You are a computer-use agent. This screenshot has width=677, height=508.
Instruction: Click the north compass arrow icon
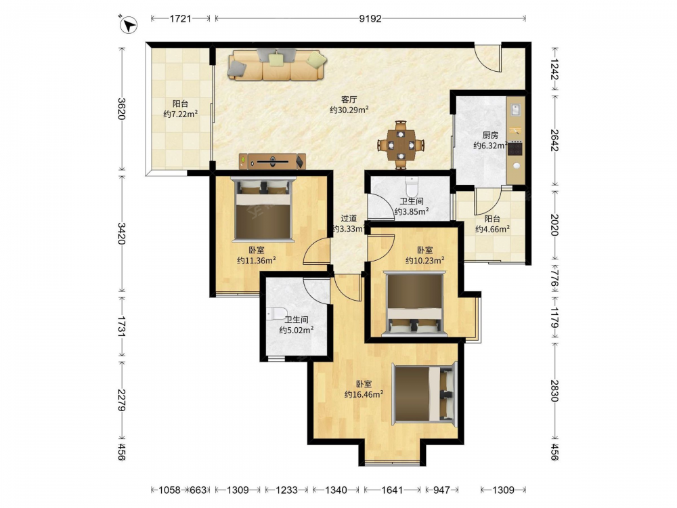128,24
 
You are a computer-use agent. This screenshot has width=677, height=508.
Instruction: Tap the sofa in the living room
277,65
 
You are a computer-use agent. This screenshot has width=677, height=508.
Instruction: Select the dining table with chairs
401,145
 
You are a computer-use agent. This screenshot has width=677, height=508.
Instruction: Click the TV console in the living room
272,162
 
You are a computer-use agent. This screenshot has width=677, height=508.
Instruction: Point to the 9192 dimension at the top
370,18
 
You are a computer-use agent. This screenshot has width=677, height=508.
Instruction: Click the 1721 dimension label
181,18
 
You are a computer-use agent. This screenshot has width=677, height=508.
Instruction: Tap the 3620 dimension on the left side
122,109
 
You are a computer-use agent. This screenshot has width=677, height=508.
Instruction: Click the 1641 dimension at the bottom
392,490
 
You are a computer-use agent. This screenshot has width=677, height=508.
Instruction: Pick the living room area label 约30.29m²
349,110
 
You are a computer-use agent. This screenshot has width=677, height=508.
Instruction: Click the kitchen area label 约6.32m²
490,146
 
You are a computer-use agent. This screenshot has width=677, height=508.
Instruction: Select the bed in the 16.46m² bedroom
424,393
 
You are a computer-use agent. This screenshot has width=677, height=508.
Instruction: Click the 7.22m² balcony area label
181,114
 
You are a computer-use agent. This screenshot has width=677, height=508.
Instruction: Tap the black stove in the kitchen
515,149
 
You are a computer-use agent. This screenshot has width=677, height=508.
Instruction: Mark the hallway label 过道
349,219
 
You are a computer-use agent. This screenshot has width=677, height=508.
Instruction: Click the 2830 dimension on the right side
555,391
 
